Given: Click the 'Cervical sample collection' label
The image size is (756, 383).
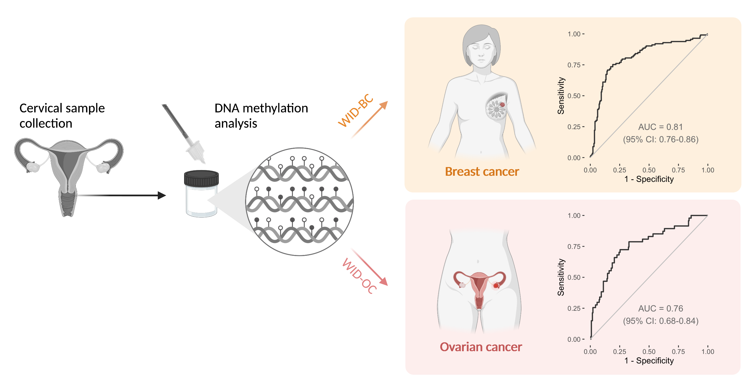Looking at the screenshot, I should point(62,116).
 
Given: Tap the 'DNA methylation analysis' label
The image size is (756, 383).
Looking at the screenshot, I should point(261,116).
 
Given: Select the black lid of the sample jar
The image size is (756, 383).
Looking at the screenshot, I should point(201,178).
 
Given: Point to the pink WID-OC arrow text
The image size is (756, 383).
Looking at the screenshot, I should point(359,276).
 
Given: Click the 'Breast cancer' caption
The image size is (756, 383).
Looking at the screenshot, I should point(482,172).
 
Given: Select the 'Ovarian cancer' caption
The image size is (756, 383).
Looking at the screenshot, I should point(481,347).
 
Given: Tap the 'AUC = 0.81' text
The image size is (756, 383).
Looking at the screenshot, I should point(660,127).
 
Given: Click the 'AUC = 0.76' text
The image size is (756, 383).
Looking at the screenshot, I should point(660,308).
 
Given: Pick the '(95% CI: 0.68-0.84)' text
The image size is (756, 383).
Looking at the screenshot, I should point(660,321).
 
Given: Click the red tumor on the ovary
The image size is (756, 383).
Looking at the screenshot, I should point(496,285).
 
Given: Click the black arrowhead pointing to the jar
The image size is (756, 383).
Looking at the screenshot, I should point(162,195).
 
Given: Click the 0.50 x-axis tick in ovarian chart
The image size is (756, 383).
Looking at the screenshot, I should point(649,351).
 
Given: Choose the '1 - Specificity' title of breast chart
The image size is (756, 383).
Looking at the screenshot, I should point(649,179).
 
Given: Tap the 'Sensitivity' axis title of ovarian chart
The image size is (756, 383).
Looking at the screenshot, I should point(561,277).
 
